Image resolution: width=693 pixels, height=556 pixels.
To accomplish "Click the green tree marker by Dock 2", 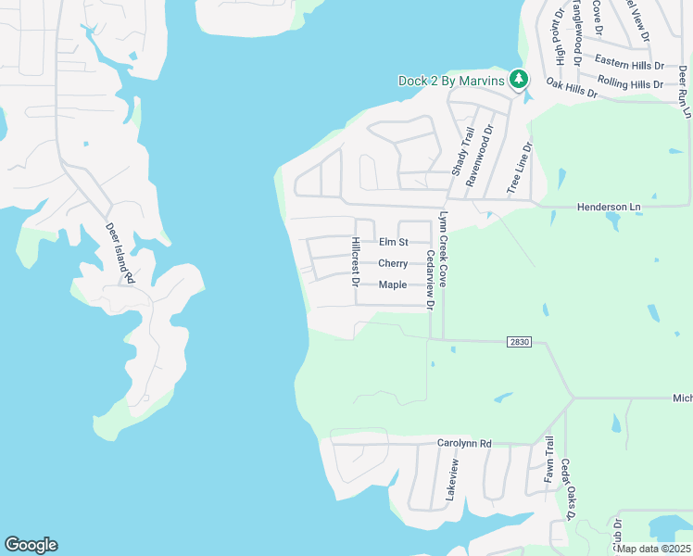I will [519, 80].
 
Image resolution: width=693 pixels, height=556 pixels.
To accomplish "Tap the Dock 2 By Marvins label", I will [451, 81].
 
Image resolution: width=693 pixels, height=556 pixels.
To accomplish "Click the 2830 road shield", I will [519, 342].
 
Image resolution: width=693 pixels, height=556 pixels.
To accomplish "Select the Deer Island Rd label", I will [120, 252].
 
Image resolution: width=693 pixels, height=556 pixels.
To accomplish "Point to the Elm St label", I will [394, 242].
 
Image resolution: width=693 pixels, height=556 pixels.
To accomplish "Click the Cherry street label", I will [393, 263].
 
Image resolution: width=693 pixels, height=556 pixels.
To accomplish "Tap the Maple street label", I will [393, 284].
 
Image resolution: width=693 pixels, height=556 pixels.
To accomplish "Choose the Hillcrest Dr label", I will [355, 261].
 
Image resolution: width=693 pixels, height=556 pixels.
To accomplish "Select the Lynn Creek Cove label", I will [443, 248].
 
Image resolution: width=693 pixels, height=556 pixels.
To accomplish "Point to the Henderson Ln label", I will [609, 207].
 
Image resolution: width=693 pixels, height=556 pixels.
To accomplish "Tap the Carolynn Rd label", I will [464, 444].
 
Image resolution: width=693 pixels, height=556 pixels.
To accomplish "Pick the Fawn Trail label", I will [548, 460].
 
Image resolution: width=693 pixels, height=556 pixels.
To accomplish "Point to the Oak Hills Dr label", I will [573, 86].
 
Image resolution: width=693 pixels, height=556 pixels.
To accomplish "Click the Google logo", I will [31, 545].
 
